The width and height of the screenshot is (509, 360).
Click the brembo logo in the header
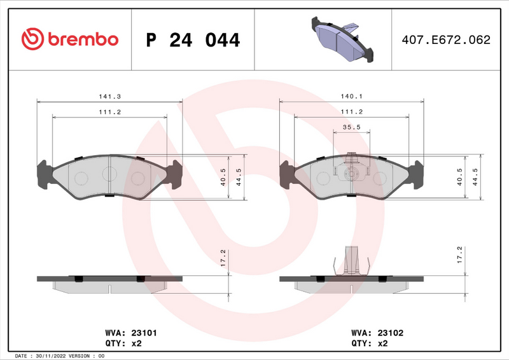[70, 39]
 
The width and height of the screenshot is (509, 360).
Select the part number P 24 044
[193, 40]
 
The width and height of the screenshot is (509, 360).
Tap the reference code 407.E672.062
[445, 39]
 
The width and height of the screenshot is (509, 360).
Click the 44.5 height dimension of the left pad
[237, 177]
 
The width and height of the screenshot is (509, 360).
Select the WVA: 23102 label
[377, 332]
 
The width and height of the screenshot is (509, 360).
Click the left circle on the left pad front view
[81, 178]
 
